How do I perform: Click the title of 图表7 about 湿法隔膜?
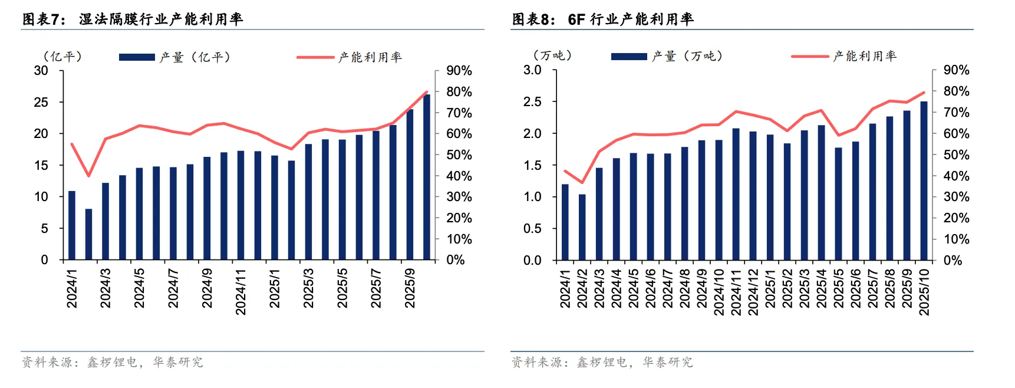pos(133,19)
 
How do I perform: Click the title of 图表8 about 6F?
pos(602,19)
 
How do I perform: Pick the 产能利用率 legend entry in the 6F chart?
pos(844,56)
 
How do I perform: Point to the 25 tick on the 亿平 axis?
pos(41,102)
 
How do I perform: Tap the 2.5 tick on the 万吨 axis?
pos(532,102)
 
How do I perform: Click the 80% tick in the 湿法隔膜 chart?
pos(459,92)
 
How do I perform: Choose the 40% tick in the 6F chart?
pos(956,176)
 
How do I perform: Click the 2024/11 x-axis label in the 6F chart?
pos(736,292)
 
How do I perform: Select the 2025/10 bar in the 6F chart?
pos(924,181)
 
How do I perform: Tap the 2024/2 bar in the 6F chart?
pos(582,227)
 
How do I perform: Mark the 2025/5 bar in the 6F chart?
pos(838,204)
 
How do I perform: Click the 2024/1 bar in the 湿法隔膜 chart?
pos(72,225)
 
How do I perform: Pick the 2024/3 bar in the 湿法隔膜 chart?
pos(106,221)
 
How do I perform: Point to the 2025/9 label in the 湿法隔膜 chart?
pos(410,288)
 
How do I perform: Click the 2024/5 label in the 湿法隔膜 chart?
pos(139,288)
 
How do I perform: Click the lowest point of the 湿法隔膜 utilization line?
pos(88,176)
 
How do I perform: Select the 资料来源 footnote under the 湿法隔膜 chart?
pos(112,362)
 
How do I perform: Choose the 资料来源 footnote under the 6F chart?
pos(602,362)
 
